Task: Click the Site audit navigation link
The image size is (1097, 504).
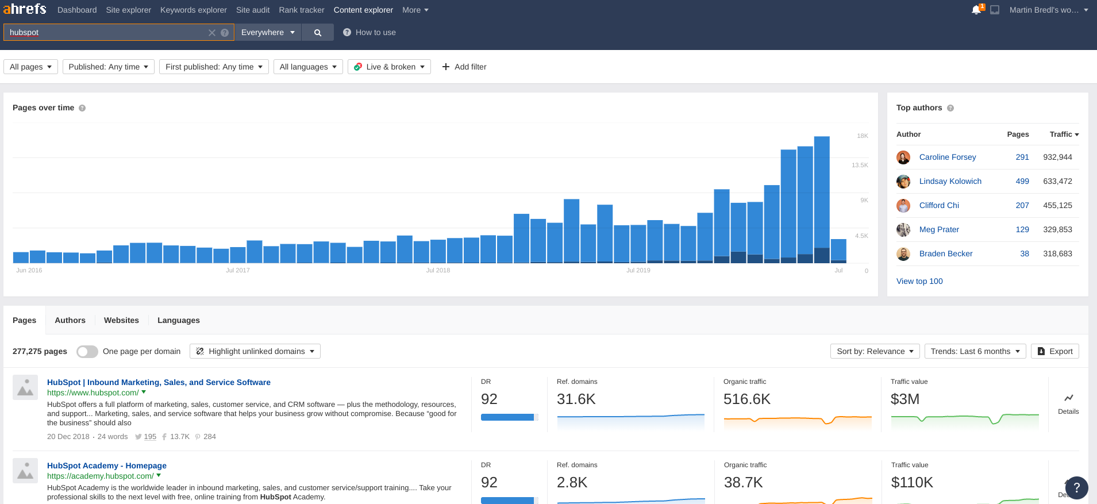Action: pos(252,10)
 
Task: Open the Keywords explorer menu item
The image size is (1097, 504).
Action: pos(193,10)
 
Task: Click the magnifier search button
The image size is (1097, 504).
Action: pos(317,33)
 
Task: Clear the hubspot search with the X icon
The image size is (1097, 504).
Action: pos(212,33)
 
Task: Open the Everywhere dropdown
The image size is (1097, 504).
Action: pos(267,33)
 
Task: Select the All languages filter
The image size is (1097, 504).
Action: pos(308,67)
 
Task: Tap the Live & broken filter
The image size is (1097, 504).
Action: pos(389,67)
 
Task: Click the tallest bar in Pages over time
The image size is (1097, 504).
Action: pos(822,195)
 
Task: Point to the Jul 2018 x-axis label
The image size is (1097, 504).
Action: pos(438,270)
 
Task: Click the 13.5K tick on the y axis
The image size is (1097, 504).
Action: pos(860,165)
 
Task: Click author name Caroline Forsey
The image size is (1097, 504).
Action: pos(947,157)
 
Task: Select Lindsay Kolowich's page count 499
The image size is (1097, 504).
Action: pos(1022,181)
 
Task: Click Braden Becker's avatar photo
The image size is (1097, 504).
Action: pos(903,253)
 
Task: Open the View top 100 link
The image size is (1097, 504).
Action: pos(919,281)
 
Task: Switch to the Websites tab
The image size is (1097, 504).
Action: pos(121,320)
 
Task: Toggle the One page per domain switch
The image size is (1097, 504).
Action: pos(87,351)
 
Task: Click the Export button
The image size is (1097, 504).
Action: pos(1054,351)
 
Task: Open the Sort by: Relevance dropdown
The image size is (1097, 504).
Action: pos(875,351)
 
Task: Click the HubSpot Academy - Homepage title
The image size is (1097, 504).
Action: pos(107,465)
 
